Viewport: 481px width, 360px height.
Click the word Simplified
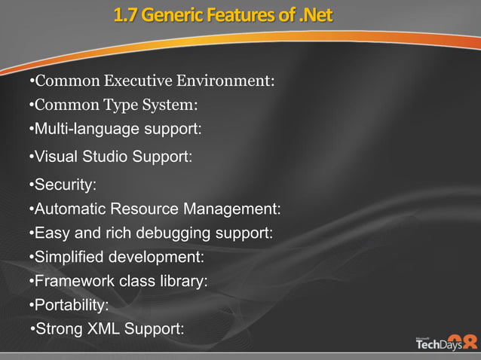point(69,258)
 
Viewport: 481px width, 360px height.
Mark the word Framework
point(73,282)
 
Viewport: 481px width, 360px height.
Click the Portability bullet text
point(69,305)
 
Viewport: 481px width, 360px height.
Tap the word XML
point(102,329)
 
